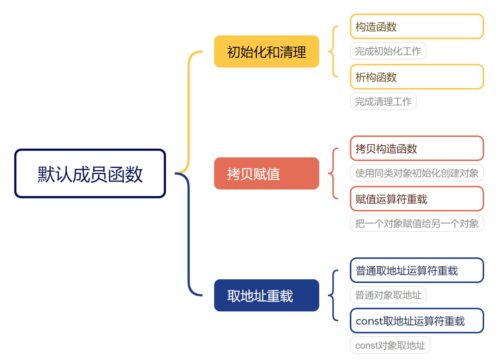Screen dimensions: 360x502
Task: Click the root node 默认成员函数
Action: (x=90, y=173)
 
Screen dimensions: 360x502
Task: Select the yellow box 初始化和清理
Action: (x=266, y=51)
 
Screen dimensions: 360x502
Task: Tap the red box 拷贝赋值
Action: (x=266, y=173)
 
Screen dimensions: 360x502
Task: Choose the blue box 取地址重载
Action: (x=266, y=295)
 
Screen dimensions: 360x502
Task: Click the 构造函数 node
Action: (x=417, y=26)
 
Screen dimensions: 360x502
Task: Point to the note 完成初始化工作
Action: (x=388, y=51)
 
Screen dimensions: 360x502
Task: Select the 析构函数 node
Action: (x=417, y=77)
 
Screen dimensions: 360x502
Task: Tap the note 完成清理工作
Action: (x=383, y=102)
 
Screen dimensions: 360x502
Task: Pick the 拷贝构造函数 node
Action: (x=417, y=148)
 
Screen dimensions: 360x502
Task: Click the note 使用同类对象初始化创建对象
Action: (x=417, y=173)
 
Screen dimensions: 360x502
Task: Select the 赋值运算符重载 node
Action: (x=417, y=199)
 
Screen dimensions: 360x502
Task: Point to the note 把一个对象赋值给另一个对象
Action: (x=417, y=223)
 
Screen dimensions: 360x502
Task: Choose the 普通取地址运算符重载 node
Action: (x=417, y=270)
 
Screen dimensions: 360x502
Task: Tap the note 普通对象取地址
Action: (x=388, y=295)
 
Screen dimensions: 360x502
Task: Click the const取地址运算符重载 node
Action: (x=417, y=321)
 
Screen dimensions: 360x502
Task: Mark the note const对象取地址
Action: (x=390, y=345)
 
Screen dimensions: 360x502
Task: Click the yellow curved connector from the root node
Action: (x=189, y=110)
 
